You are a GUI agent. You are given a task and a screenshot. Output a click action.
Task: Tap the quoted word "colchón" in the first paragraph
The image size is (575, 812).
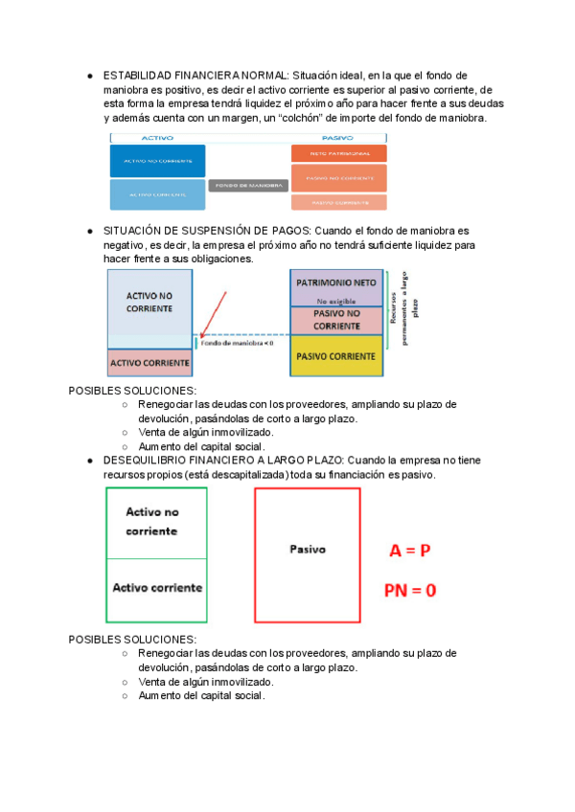pos(288,118)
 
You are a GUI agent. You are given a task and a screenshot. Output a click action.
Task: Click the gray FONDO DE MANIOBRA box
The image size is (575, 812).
pos(248,185)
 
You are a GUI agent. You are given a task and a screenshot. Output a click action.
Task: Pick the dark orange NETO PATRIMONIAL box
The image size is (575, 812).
pos(339,153)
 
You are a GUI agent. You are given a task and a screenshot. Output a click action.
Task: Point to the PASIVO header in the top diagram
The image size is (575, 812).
pos(338,138)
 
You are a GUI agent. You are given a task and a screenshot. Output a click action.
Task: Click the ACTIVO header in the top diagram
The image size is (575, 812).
pos(157,138)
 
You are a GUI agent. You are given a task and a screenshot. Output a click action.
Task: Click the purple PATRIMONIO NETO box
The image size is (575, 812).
pos(335,284)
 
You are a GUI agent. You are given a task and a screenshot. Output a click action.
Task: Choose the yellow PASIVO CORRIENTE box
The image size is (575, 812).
pos(335,356)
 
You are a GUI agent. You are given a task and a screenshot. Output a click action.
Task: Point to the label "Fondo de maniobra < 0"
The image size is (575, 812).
pos(237,342)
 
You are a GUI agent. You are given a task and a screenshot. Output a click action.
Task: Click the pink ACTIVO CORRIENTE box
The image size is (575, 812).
pos(149,364)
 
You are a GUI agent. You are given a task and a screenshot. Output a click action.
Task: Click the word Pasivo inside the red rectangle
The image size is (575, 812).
pos(307,550)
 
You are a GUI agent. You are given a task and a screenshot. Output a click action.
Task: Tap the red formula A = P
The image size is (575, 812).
pos(409,552)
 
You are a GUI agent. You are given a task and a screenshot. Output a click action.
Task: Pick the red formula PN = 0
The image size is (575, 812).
pos(410,590)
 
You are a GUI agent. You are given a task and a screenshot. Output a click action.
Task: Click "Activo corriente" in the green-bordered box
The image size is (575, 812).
pos(156,587)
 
